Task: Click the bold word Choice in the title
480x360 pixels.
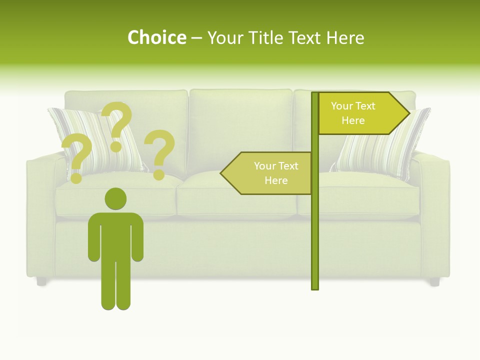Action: point(156,37)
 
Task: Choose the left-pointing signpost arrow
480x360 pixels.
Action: point(267,173)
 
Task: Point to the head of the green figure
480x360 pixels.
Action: point(115,198)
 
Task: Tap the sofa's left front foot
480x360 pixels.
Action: point(41,281)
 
